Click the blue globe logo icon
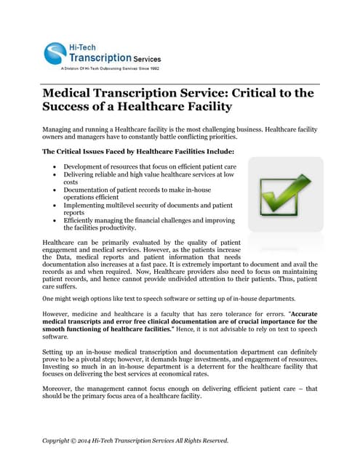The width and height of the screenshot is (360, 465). [x=55, y=52]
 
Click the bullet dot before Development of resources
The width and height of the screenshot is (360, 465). [x=55, y=167]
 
